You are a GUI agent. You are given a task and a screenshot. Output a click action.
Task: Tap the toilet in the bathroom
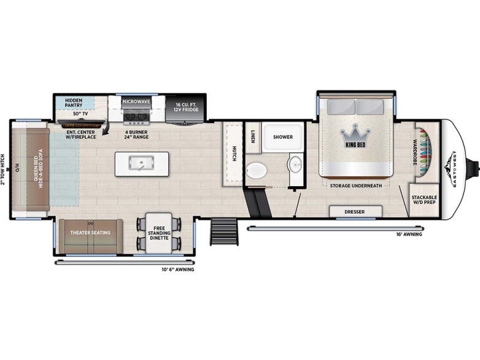point(256,170)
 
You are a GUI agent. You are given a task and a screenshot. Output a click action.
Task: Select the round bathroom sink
point(295,164)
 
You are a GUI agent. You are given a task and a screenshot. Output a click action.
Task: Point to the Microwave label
point(136,101)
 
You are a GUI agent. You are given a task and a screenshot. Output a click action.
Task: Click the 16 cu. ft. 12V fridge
point(186,109)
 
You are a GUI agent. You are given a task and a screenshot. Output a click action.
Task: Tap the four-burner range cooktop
point(136,119)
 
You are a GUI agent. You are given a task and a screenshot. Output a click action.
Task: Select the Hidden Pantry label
point(74,103)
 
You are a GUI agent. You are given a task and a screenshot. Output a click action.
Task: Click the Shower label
point(283,137)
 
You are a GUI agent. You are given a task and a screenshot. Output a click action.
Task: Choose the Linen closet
point(253,137)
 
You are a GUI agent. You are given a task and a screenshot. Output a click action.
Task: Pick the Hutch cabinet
point(234,154)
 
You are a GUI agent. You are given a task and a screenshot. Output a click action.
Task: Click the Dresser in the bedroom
point(355,211)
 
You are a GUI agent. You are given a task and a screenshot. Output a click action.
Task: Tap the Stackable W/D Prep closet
point(424,200)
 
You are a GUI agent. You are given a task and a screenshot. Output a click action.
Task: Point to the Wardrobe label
point(415,152)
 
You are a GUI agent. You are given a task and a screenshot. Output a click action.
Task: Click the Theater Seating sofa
point(91,236)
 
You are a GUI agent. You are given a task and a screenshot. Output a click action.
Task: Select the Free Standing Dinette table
point(159,233)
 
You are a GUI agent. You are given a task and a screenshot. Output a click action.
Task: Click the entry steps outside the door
point(224,232)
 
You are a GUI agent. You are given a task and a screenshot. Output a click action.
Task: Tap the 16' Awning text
point(409,235)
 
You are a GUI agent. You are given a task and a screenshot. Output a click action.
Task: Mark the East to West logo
point(452,169)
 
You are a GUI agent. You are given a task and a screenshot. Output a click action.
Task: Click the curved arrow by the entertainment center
point(106,127)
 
